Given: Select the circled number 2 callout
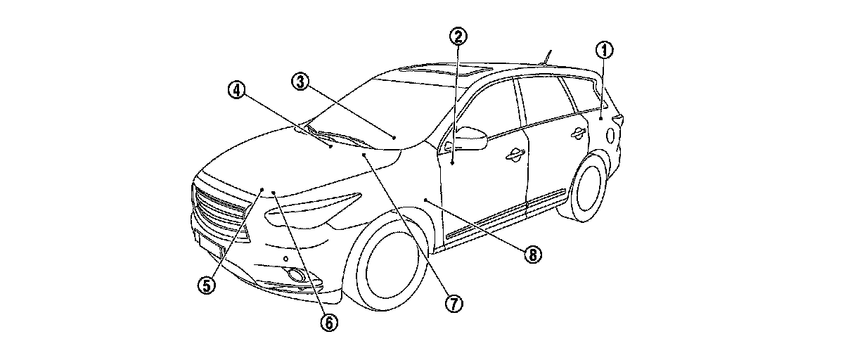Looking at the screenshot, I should (458, 37).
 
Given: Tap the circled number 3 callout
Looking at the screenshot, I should (300, 82).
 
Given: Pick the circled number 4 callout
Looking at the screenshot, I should (236, 89).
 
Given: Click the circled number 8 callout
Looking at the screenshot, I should (532, 255).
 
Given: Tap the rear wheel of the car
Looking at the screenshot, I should (589, 188).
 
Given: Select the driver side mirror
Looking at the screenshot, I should (470, 137).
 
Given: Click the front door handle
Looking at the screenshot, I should (514, 155).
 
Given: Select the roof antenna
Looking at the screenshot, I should (547, 56).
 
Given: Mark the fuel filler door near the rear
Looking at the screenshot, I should (608, 134).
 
